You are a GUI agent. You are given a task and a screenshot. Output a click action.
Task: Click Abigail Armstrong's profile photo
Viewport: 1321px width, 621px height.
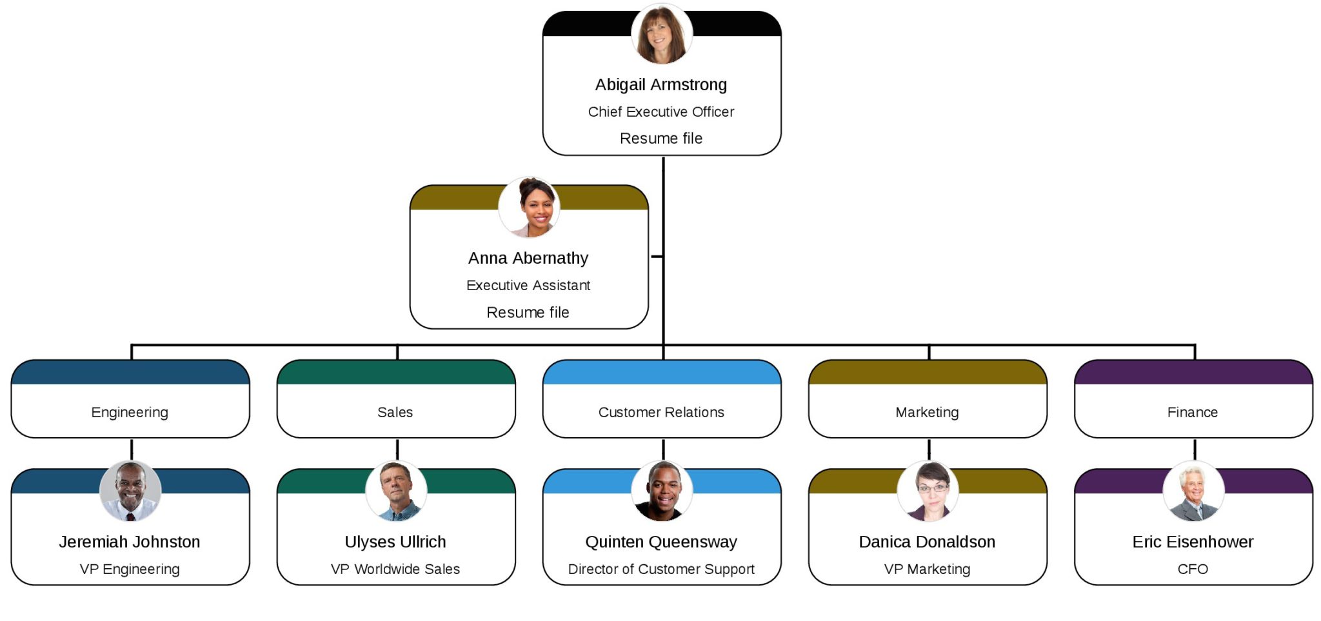tap(661, 34)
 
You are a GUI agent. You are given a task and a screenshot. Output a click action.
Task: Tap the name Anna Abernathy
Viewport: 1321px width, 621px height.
tap(528, 258)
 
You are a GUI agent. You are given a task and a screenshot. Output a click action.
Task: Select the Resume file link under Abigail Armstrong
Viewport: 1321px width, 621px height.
tap(661, 139)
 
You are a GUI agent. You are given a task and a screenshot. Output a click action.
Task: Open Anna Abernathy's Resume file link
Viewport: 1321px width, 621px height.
tap(528, 313)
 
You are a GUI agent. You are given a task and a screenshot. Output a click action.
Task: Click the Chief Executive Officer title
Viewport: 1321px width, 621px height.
tap(661, 112)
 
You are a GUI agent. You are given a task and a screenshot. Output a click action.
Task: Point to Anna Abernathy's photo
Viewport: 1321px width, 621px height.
tap(529, 208)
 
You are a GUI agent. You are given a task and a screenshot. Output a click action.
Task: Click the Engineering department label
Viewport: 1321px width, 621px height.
tap(130, 412)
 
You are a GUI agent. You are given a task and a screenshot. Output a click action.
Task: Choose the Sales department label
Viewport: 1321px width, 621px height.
tap(395, 412)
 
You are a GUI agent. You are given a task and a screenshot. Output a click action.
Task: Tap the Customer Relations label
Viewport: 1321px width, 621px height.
tap(661, 412)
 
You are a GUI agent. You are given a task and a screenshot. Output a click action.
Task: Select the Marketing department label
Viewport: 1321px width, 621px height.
tap(927, 412)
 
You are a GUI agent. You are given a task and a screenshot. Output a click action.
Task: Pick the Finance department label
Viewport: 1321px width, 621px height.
tap(1193, 412)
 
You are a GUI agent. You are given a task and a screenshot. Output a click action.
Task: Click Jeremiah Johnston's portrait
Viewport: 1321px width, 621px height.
tap(130, 491)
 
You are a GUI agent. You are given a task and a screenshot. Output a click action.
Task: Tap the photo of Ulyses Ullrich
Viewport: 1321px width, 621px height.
tap(396, 491)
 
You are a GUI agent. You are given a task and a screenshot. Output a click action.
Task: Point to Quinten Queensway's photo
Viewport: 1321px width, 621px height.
tap(662, 491)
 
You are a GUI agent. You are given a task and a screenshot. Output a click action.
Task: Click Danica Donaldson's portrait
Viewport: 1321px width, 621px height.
tap(928, 491)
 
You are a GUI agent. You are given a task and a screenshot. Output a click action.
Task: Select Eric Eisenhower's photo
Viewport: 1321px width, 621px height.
tap(1193, 491)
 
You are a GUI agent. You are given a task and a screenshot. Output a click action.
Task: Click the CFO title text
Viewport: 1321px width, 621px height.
tap(1193, 569)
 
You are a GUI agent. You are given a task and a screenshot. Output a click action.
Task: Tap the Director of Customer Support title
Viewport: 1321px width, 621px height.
tap(661, 569)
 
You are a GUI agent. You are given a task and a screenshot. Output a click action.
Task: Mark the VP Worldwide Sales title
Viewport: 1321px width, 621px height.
tap(395, 569)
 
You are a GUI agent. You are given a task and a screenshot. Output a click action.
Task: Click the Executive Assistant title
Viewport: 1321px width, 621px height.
tap(528, 285)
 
